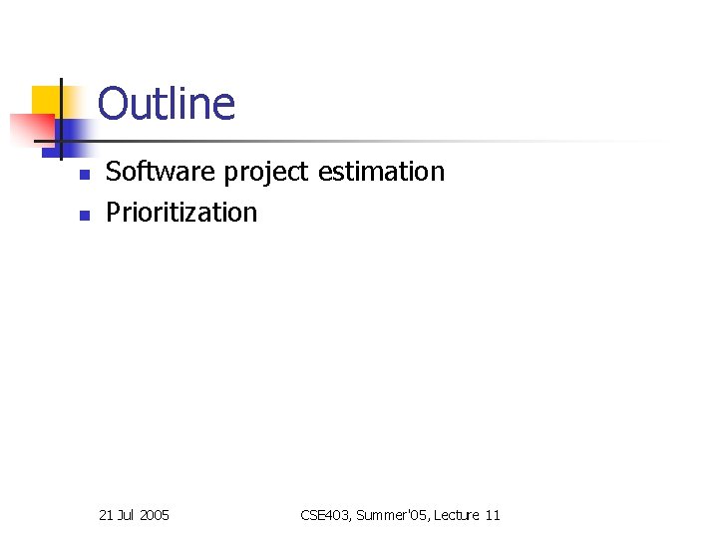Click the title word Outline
[167, 104]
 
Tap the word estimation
[381, 172]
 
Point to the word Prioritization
[181, 213]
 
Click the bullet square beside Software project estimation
[85, 175]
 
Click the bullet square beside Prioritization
[85, 215]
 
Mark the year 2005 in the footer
[155, 515]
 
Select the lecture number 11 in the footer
[493, 515]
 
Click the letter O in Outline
[113, 104]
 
